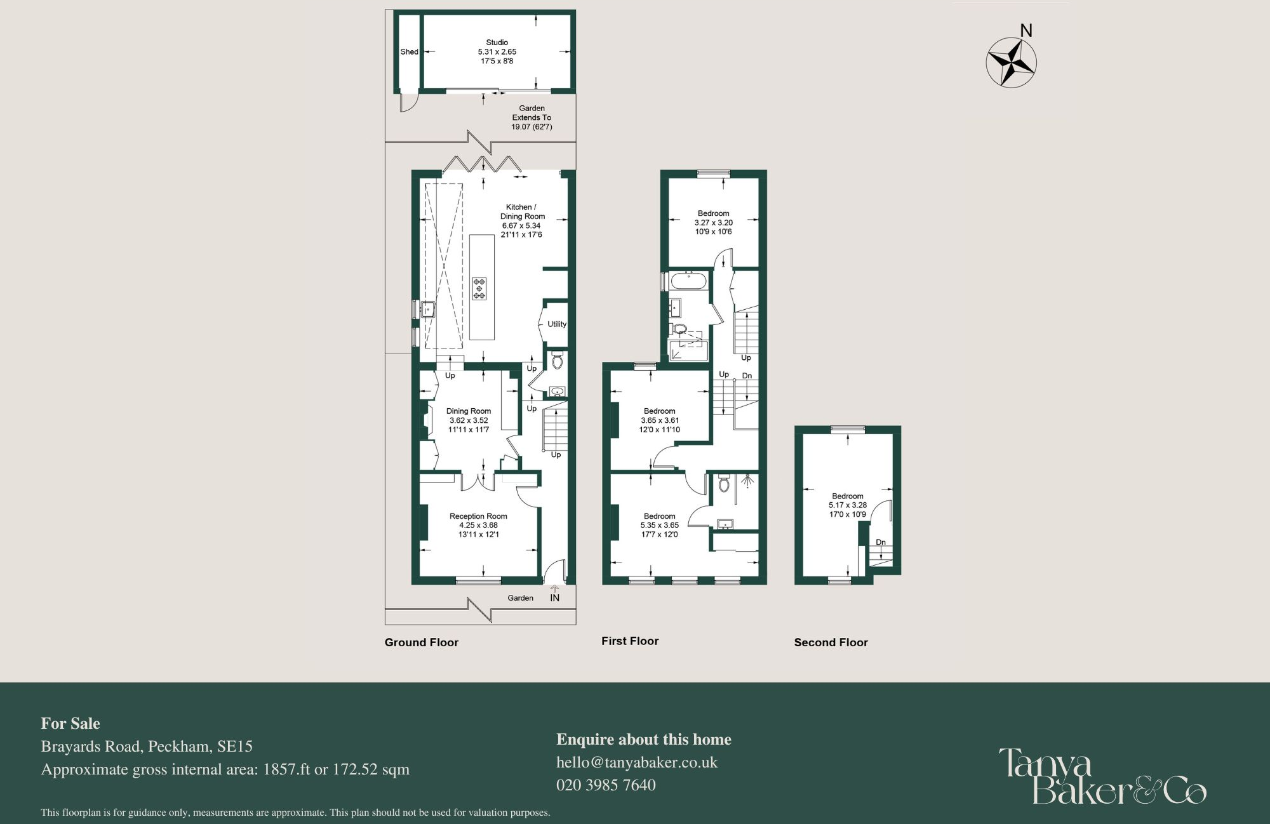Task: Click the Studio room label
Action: pyautogui.click(x=497, y=43)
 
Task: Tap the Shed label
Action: pyautogui.click(x=409, y=52)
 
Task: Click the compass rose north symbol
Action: pyautogui.click(x=1012, y=62)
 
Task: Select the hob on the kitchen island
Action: pyautogui.click(x=479, y=289)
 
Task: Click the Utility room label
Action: pyautogui.click(x=556, y=324)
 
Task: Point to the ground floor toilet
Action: pyautogui.click(x=557, y=361)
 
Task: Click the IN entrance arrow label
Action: pyautogui.click(x=554, y=597)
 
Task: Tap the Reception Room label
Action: pyautogui.click(x=478, y=516)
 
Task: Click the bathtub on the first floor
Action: pyautogui.click(x=688, y=281)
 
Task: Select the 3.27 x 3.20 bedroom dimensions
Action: pyautogui.click(x=713, y=223)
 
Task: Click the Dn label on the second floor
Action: pyautogui.click(x=880, y=542)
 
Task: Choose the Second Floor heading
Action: pyautogui.click(x=831, y=642)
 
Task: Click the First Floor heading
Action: pyautogui.click(x=630, y=641)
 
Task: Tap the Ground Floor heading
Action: pyautogui.click(x=421, y=642)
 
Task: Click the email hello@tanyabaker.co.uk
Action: pyautogui.click(x=637, y=762)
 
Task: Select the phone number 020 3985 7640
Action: pyautogui.click(x=606, y=785)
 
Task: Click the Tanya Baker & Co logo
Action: pyautogui.click(x=1102, y=777)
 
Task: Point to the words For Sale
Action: pyautogui.click(x=70, y=724)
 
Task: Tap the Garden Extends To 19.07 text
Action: pyautogui.click(x=531, y=117)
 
